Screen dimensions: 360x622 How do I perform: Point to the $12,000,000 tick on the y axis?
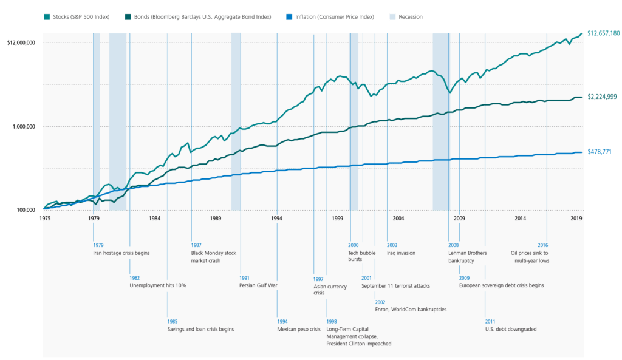coord(21,42)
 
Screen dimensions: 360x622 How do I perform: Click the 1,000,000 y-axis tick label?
coord(24,126)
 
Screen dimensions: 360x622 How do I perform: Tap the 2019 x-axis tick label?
coord(576,217)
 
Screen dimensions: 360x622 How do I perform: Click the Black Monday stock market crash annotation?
coord(213,257)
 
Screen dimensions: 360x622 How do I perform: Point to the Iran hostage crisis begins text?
coord(121,253)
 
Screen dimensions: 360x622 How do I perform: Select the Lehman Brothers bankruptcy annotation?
coord(467,257)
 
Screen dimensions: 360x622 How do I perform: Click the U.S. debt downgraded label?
coord(510,329)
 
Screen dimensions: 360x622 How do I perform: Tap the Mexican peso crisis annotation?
coord(298,329)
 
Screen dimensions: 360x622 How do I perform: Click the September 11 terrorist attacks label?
coord(395,285)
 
